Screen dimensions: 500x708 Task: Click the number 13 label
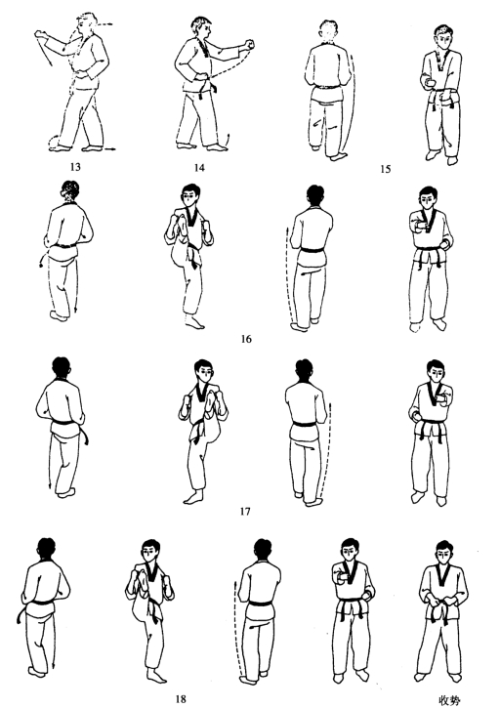tap(75, 167)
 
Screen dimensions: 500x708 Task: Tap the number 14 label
tap(199, 168)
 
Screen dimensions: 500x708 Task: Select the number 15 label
tap(386, 169)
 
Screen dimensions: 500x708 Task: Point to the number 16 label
tap(246, 339)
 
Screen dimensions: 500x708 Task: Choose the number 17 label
tap(245, 511)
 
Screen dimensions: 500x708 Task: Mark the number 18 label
tap(181, 699)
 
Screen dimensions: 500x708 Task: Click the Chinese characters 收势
tap(450, 700)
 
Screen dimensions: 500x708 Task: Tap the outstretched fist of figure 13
tap(40, 34)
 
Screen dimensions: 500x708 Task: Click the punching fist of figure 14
tap(249, 44)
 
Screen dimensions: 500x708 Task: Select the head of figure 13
tap(88, 23)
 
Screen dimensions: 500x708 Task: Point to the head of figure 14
tap(201, 28)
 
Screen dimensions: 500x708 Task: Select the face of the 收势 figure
tap(443, 554)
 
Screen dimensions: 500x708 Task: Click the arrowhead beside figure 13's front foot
tap(109, 148)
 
